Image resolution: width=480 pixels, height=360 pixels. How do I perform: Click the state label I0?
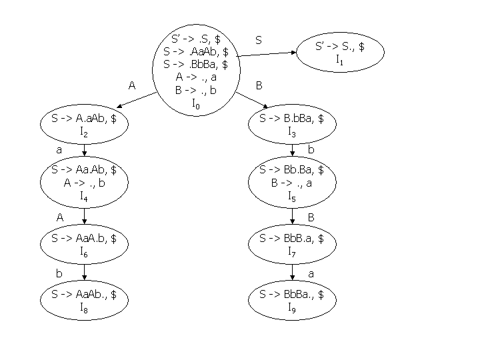click(195, 103)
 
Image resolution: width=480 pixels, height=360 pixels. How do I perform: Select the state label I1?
click(339, 59)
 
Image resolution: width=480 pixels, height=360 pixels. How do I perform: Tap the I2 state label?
click(84, 132)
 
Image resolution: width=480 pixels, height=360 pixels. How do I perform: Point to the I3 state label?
click(292, 132)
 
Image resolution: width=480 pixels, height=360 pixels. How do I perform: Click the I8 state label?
click(84, 307)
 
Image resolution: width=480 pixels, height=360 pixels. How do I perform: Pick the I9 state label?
click(292, 307)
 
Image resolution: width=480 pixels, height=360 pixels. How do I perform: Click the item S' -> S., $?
click(340, 47)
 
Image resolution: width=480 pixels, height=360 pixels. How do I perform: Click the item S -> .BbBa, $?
click(196, 65)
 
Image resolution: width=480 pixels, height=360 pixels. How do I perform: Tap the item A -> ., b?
click(84, 183)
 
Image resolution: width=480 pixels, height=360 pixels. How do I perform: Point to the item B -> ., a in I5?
click(292, 183)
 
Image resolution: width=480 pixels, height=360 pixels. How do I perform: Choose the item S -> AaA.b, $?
click(84, 238)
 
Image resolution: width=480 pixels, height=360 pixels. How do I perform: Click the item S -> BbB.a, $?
click(292, 238)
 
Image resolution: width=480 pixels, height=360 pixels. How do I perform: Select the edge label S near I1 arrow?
click(259, 41)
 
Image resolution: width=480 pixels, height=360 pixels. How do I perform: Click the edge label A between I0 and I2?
click(132, 85)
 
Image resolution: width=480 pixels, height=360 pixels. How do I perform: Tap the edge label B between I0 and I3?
click(259, 85)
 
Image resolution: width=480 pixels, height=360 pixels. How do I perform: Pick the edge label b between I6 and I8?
click(59, 273)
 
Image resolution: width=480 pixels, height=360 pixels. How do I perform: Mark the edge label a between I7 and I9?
click(311, 273)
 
